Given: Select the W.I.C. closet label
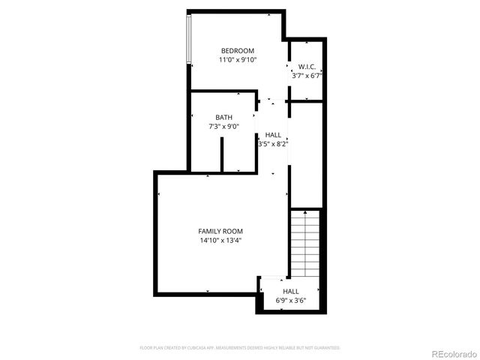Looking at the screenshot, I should tap(306, 67).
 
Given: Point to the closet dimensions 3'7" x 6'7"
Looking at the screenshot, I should tap(306, 76).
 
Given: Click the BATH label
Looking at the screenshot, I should tap(223, 118).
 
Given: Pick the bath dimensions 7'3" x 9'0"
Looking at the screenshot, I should tap(223, 127).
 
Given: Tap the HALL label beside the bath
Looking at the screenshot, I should tap(273, 135).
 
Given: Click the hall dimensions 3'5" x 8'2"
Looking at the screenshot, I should tap(273, 143).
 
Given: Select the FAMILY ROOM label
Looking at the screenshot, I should tap(220, 231).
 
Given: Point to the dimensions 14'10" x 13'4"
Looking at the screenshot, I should tap(220, 241).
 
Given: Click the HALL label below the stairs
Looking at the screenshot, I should tap(290, 291).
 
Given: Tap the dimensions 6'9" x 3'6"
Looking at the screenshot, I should tap(290, 301).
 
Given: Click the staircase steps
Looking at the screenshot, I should tap(305, 244).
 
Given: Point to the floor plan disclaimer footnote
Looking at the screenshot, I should tap(240, 348).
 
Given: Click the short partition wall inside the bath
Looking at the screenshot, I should tap(222, 154).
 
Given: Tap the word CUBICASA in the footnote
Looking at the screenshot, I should tap(193, 348).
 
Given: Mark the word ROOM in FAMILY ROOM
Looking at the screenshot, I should tap(233, 231).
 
